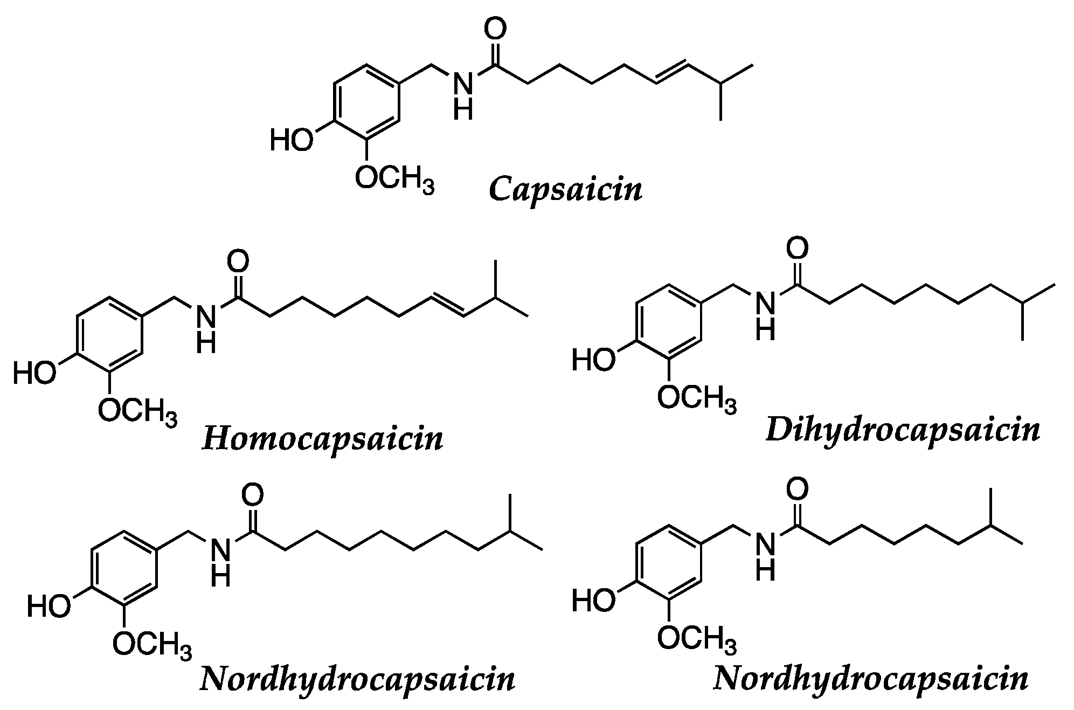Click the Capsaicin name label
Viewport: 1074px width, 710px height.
click(565, 190)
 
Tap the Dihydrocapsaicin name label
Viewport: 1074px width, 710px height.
click(903, 431)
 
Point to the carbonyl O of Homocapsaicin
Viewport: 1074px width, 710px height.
click(238, 261)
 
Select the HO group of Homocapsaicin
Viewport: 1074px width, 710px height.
click(34, 373)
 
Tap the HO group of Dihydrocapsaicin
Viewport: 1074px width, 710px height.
click(593, 360)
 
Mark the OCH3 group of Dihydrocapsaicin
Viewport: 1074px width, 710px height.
click(696, 398)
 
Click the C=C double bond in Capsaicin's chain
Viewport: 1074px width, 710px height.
click(671, 73)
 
